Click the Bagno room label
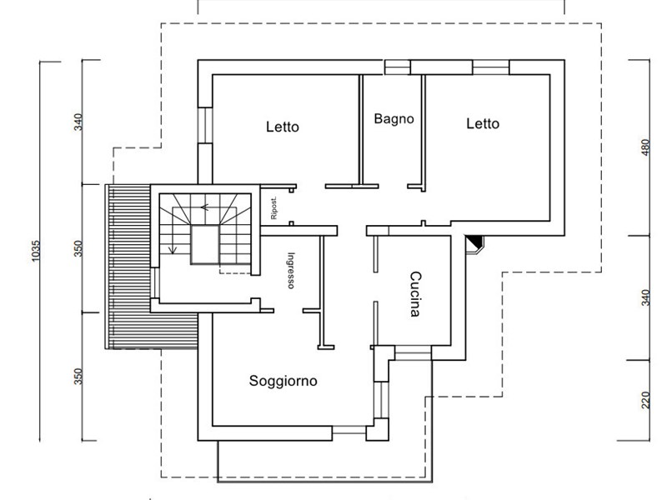tap(394, 119)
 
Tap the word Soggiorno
tap(283, 382)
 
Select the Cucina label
tap(414, 295)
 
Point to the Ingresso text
tap(291, 271)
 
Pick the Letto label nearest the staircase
tap(282, 127)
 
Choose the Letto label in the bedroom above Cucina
tap(482, 124)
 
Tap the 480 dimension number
tap(644, 148)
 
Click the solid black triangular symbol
tap(474, 243)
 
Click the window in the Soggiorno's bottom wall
tap(349, 432)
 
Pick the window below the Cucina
tap(414, 355)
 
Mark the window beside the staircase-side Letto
tap(205, 125)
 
